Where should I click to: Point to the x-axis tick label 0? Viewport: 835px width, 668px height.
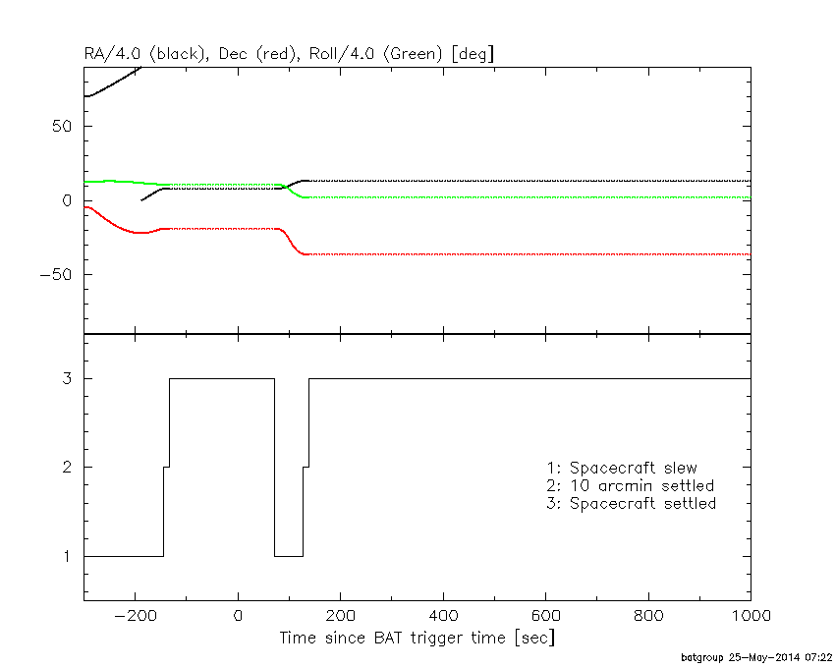[x=238, y=616]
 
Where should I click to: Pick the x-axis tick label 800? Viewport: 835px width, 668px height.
[x=648, y=616]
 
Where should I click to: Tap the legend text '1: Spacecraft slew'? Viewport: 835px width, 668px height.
[x=622, y=468]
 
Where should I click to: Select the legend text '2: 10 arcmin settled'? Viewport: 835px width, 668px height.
[x=630, y=485]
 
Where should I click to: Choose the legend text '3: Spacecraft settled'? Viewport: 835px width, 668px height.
[x=631, y=503]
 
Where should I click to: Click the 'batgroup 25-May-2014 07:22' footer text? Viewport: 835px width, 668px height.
[x=756, y=656]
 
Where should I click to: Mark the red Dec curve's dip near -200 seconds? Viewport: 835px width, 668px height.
[x=140, y=233]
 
